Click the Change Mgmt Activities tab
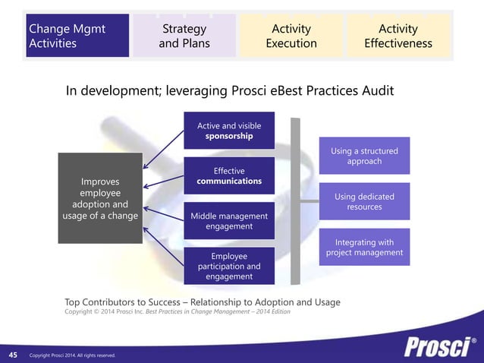tap(77, 36)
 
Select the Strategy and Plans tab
tap(184, 36)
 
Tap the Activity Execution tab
tap(291, 36)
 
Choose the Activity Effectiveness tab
tap(398, 36)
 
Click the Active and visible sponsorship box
tap(229, 131)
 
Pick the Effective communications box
tap(229, 175)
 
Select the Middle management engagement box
tap(229, 221)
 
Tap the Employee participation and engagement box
tap(229, 267)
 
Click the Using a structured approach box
tap(364, 156)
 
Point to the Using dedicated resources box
tap(364, 201)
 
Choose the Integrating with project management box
tap(364, 247)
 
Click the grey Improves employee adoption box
tap(100, 198)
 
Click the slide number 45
tap(13, 355)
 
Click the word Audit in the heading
tap(376, 91)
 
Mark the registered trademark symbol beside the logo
tap(475, 339)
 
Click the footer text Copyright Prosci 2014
tap(73, 355)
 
